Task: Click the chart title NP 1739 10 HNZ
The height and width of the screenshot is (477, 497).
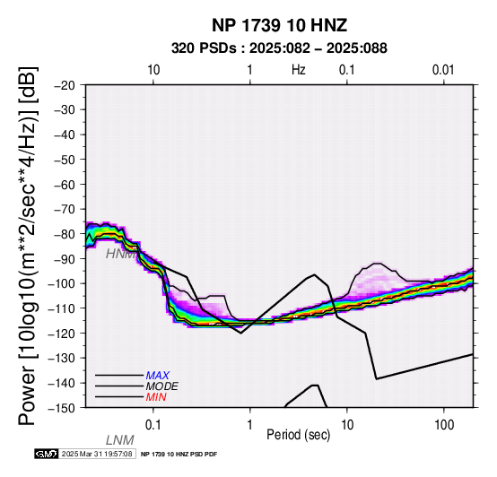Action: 279,25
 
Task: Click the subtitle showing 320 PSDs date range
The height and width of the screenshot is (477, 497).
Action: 279,48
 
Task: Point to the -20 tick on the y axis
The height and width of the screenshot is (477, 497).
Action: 65,85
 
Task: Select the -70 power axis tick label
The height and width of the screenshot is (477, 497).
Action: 65,210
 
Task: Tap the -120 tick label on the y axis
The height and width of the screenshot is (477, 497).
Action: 62,334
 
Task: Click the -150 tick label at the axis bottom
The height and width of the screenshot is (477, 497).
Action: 62,408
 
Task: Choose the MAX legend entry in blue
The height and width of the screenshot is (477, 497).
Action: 158,376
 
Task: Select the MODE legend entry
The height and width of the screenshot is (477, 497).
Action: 162,386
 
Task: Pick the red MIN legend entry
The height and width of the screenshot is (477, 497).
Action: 156,397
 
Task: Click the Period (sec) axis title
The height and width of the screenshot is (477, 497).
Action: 298,435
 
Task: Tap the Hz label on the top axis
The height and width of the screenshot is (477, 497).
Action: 298,70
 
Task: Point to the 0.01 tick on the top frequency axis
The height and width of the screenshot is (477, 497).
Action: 443,70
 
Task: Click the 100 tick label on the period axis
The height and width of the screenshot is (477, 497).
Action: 444,425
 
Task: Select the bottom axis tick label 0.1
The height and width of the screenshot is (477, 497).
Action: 153,425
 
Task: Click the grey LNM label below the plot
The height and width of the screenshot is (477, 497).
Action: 120,440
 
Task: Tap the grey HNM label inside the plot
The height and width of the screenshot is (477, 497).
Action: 121,254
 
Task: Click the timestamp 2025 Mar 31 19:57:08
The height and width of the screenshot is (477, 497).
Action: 97,454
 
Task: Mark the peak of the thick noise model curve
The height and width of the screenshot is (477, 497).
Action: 314,274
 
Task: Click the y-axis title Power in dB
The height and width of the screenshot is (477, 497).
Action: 28,247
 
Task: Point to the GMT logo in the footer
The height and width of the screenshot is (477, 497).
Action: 47,454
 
